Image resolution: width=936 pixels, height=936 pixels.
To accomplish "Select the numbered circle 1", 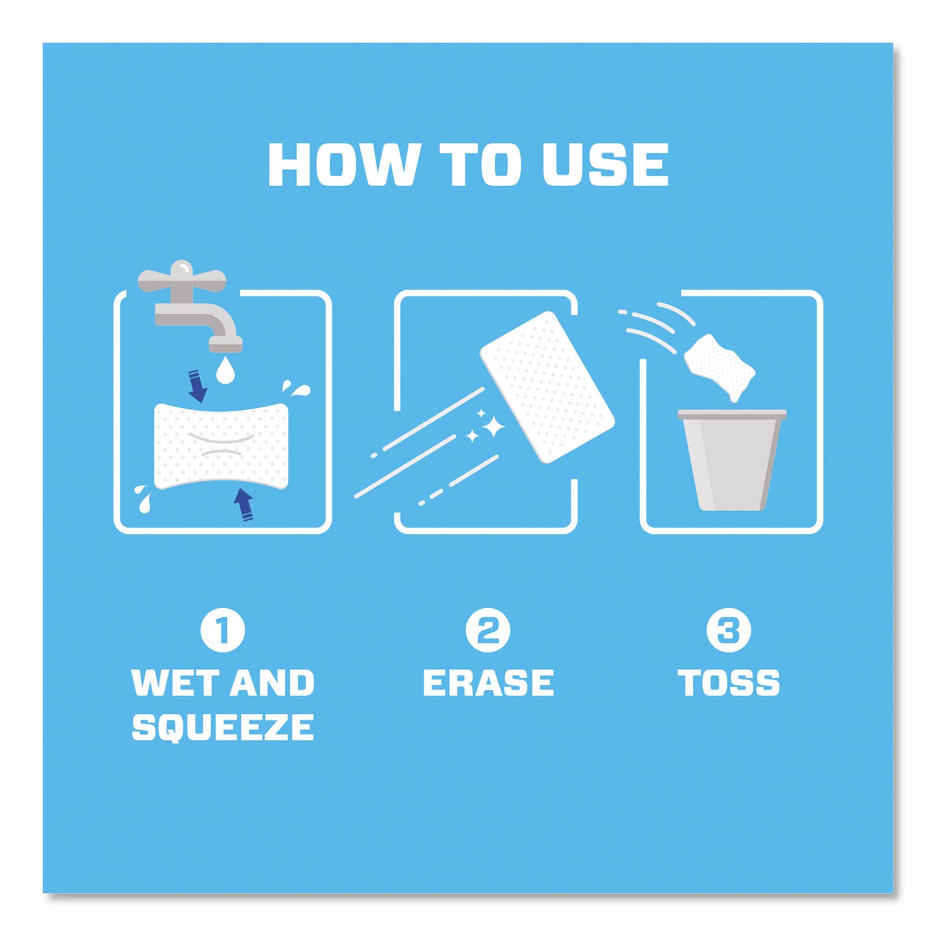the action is [x=223, y=630].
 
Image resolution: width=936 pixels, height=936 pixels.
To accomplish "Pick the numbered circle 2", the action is [x=488, y=630].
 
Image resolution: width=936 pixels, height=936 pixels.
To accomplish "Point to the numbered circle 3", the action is [x=729, y=630].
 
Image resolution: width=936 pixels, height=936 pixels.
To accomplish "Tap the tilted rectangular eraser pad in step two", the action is [x=547, y=387].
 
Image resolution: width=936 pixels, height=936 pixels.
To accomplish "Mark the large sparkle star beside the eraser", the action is [x=494, y=428].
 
